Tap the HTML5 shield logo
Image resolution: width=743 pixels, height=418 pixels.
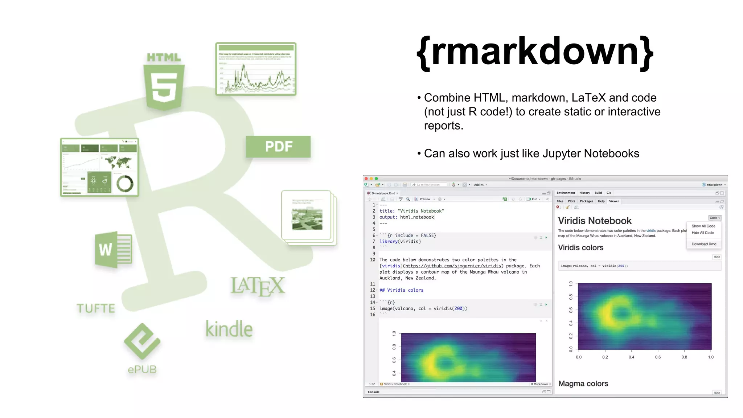[164, 87]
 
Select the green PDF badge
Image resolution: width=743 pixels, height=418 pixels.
[278, 147]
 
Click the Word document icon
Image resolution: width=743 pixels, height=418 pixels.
[114, 250]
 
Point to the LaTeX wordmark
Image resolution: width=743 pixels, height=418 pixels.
[258, 286]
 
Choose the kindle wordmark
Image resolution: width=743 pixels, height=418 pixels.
[229, 329]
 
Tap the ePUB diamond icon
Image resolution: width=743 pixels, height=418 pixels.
[142, 341]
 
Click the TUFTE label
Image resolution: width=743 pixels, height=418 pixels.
[96, 308]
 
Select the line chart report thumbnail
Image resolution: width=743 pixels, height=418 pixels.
[256, 69]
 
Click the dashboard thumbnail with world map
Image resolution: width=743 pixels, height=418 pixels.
[99, 167]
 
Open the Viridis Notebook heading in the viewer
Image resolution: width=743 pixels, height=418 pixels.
[595, 221]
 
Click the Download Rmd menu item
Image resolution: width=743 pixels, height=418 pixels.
[704, 244]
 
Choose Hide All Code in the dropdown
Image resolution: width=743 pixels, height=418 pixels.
[702, 233]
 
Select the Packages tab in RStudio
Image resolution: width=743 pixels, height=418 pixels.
[586, 201]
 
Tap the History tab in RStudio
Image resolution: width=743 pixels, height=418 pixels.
[584, 193]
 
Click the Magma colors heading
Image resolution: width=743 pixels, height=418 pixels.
[583, 384]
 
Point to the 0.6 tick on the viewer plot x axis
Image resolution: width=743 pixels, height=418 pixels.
[658, 357]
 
